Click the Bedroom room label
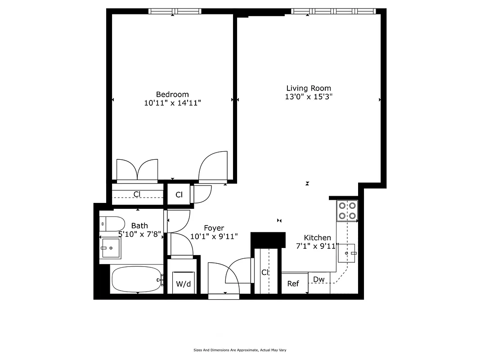[172, 94]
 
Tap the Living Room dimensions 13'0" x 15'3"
[309, 97]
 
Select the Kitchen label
[317, 238]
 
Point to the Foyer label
[214, 228]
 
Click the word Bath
[139, 225]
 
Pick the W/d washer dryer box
[183, 283]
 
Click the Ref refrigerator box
[293, 283]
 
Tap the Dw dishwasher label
[319, 279]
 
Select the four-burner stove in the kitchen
[347, 210]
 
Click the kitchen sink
[347, 253]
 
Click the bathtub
[136, 279]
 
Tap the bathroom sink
[111, 247]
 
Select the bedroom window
[175, 11]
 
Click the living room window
[333, 11]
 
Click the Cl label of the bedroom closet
[137, 194]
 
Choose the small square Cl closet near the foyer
[179, 195]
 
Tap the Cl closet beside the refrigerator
[265, 272]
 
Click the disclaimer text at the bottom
[240, 350]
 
